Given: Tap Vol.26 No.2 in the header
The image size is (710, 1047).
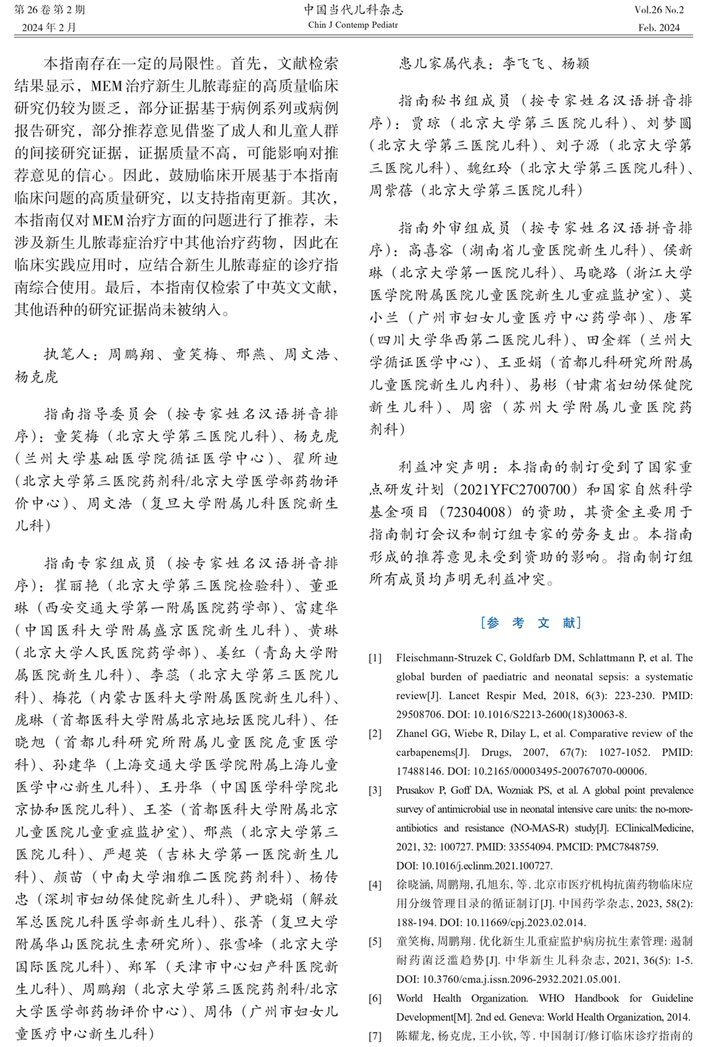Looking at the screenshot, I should click(x=659, y=10).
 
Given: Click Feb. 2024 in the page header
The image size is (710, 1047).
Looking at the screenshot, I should click(x=658, y=28).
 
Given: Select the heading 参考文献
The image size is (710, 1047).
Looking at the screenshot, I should click(x=531, y=623).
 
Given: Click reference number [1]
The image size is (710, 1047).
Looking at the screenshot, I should click(x=375, y=658).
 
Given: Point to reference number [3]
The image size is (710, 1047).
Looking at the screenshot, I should click(x=375, y=790).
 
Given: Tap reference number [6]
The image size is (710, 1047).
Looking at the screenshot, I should click(x=375, y=998).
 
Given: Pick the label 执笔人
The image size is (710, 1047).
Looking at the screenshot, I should click(x=67, y=354).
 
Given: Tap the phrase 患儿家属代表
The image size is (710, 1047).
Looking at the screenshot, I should click(x=444, y=63).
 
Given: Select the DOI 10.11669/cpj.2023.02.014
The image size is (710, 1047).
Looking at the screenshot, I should click(x=525, y=923).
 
